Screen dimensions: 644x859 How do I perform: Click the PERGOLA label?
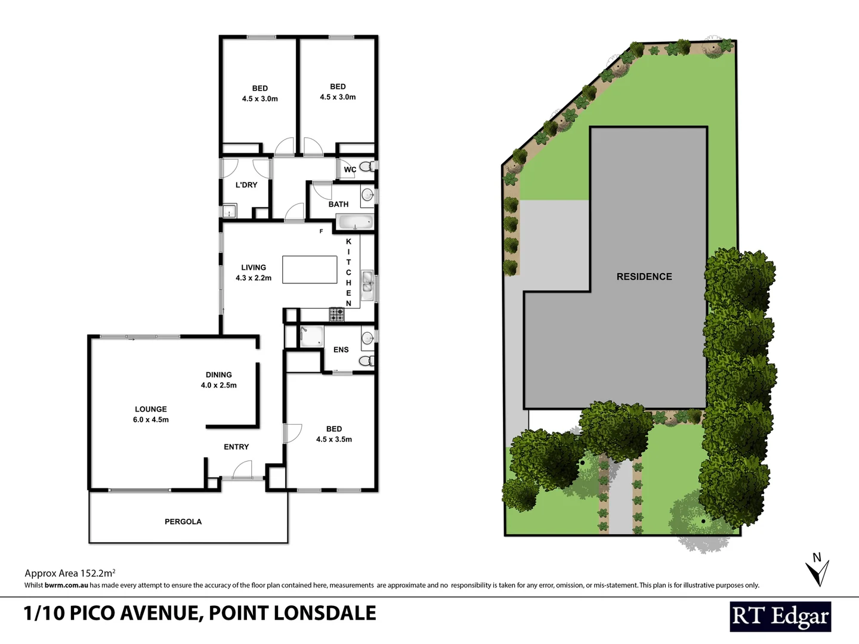click(183, 522)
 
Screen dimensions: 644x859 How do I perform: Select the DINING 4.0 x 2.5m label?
click(219, 380)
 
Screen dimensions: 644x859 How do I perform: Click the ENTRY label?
click(236, 447)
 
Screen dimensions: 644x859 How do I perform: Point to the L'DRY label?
click(246, 185)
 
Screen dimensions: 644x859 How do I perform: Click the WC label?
click(350, 170)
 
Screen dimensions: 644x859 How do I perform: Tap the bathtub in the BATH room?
click(354, 223)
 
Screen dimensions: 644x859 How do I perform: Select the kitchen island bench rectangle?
click(310, 270)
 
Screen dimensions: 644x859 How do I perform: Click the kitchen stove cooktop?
click(336, 314)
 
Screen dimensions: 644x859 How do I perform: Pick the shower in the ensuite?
click(311, 336)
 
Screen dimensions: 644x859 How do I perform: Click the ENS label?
click(341, 350)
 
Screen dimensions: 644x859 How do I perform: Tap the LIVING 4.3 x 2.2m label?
click(254, 273)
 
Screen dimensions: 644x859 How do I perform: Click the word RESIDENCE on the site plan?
click(644, 277)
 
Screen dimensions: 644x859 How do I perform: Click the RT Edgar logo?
click(780, 617)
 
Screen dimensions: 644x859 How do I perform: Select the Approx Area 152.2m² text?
click(70, 573)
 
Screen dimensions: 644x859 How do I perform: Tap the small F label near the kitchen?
click(321, 231)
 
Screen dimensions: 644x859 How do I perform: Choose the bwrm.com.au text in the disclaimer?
click(66, 586)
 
